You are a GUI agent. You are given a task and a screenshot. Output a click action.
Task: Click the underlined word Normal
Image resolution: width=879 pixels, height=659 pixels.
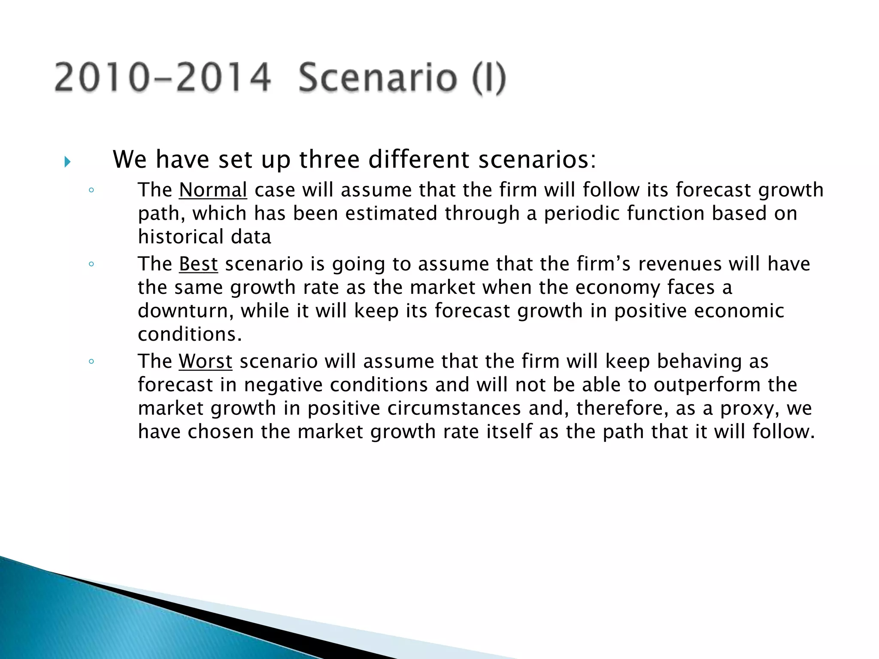point(213,190)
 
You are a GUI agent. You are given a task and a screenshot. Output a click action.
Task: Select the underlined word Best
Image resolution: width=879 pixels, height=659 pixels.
point(198,263)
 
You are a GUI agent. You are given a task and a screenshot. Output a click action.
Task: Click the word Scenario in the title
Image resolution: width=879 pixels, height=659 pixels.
point(378,78)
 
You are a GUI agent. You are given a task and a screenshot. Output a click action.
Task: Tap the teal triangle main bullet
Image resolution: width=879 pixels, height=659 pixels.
point(67,162)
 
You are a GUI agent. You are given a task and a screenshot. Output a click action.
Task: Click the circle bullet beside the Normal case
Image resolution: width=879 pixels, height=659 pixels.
point(91,190)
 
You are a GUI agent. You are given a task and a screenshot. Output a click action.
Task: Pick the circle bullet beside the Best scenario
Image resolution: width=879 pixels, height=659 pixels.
point(91,264)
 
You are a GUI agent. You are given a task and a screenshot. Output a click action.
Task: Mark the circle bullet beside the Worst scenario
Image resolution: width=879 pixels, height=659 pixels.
point(91,362)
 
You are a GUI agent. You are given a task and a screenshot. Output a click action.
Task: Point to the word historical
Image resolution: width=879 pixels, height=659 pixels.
point(180,237)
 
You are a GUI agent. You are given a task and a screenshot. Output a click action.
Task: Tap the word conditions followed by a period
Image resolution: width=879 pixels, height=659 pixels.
point(190,334)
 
